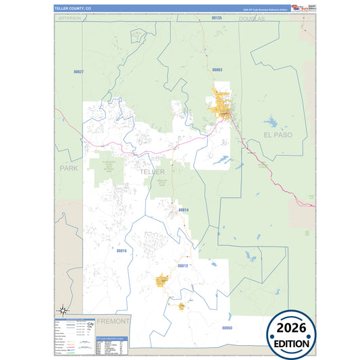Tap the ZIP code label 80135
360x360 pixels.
click(216, 18)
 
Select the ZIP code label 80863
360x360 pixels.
click(217, 70)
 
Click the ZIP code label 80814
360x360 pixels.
click(184, 210)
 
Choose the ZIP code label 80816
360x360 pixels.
click(122, 251)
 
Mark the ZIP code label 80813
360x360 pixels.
click(182, 266)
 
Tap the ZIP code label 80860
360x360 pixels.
click(227, 327)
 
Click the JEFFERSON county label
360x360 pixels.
click(70, 18)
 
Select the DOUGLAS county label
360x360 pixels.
click(253, 19)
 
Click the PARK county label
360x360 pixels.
click(69, 168)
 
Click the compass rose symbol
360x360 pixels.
click(62, 310)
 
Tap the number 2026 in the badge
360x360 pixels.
click(296, 328)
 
